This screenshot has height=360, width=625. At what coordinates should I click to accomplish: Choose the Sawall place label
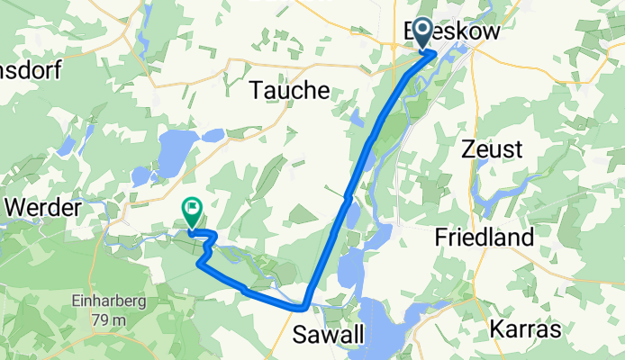[330, 336]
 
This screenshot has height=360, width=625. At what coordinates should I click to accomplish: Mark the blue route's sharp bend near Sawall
[305, 305]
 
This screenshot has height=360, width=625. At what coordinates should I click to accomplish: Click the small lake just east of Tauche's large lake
[213, 136]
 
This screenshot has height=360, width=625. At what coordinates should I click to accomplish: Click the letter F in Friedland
[441, 238]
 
